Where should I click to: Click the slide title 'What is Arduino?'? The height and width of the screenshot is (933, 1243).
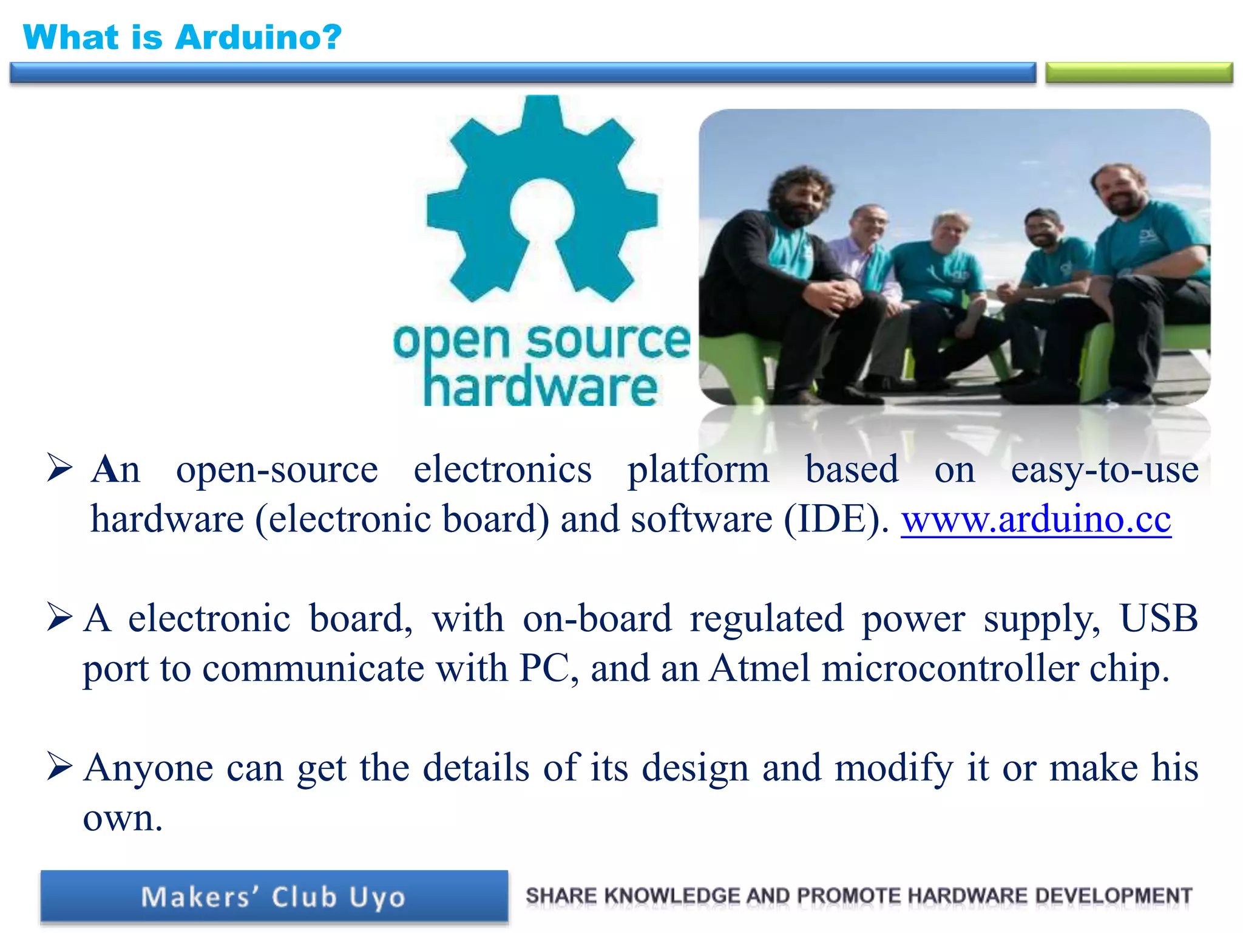pos(182,38)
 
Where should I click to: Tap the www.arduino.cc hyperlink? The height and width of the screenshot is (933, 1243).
pos(1035,520)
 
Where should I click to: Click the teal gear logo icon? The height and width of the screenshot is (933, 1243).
pos(542,200)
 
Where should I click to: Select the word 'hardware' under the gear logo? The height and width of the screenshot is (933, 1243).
pos(540,388)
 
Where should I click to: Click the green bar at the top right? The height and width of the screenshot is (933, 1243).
pos(1139,72)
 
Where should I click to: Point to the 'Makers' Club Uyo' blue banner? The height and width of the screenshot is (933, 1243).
pos(274,897)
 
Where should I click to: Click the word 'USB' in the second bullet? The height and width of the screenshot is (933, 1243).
pos(1158,619)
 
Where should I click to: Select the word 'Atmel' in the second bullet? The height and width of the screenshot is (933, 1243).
pos(759,669)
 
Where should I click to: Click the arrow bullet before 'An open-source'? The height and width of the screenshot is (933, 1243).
pos(59,468)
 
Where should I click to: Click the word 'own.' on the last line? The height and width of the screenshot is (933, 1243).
pos(123,818)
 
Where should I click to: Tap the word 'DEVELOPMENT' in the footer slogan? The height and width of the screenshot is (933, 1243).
pos(1113,896)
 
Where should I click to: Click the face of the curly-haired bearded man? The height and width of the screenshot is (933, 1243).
pos(800,197)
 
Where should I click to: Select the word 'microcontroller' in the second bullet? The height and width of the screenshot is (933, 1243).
pos(949,669)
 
